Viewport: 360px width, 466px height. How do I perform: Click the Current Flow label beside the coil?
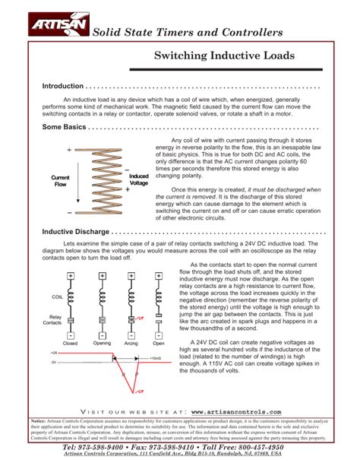[x=60, y=181]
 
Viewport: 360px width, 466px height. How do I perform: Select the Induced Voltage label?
[x=139, y=180]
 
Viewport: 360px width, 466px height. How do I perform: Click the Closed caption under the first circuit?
[x=70, y=344]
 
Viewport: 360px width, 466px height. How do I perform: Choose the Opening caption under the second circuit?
[x=101, y=344]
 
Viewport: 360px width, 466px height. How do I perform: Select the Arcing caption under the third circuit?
[x=131, y=344]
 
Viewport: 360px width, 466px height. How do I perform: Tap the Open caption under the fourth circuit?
[x=158, y=344]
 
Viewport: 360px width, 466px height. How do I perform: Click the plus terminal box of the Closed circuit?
[x=70, y=275]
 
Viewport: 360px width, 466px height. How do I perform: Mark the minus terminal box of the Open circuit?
[x=159, y=335]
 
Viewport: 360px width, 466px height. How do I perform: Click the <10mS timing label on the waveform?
[x=156, y=357]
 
